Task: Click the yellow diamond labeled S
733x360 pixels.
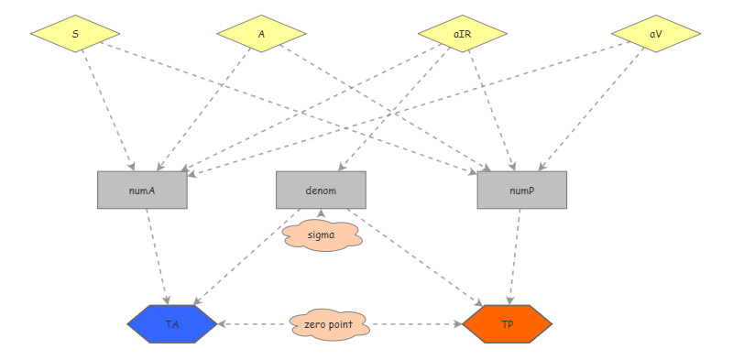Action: pyautogui.click(x=75, y=34)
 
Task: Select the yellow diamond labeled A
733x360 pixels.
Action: pyautogui.click(x=261, y=34)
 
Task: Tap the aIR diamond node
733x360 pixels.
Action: pyautogui.click(x=463, y=34)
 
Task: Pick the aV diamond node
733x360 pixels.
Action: pyautogui.click(x=656, y=34)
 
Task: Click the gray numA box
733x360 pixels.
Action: pyautogui.click(x=142, y=191)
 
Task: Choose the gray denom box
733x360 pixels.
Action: pyautogui.click(x=322, y=191)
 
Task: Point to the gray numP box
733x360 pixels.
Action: pyautogui.click(x=522, y=191)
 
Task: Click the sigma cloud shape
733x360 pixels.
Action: pyautogui.click(x=322, y=235)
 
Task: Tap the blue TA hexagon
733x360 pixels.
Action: pyautogui.click(x=172, y=324)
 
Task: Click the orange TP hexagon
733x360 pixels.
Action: pyautogui.click(x=508, y=324)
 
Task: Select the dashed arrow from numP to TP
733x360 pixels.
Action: pyautogui.click(x=515, y=256)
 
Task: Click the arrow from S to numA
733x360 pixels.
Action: pyautogui.click(x=106, y=109)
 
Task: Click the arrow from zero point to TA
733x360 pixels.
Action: pyautogui.click(x=252, y=324)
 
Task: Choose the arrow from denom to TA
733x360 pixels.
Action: pyautogui.click(x=243, y=260)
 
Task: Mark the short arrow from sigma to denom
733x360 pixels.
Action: pyautogui.click(x=322, y=215)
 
